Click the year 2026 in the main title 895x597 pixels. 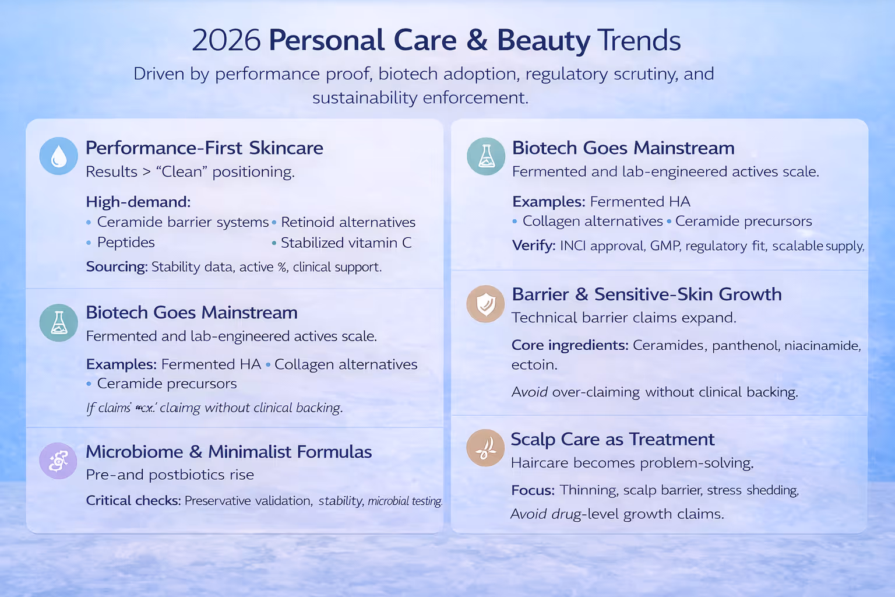(x=226, y=41)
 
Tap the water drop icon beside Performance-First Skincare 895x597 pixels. (x=58, y=156)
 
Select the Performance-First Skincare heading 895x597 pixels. (x=204, y=148)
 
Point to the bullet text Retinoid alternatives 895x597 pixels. (x=348, y=222)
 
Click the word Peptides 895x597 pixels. (x=126, y=243)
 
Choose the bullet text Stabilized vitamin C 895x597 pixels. (x=346, y=243)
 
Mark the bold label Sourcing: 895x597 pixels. (x=117, y=267)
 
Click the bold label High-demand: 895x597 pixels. (x=138, y=202)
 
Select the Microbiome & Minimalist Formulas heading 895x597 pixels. (x=228, y=452)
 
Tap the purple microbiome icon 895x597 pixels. (x=58, y=461)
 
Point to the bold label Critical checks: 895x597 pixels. (x=133, y=501)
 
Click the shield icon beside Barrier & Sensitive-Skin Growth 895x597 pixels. (x=485, y=304)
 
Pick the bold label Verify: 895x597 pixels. (x=533, y=246)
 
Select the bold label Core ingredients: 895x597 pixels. (x=570, y=345)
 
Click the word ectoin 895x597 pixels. (x=534, y=365)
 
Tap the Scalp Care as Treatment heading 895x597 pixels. (x=612, y=439)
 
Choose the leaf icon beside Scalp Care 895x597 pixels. (x=485, y=448)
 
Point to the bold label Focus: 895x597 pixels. (x=533, y=490)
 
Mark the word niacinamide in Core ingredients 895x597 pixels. (x=822, y=346)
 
